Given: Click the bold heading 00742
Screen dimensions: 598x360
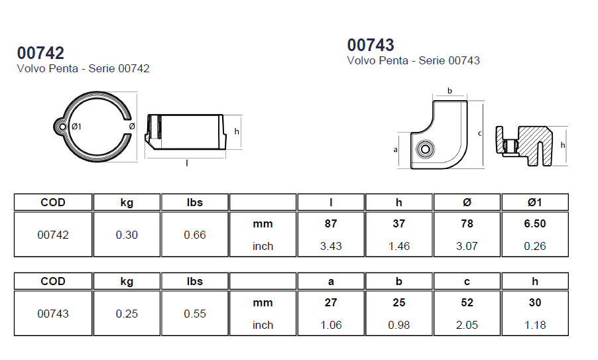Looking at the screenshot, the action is click(40, 53).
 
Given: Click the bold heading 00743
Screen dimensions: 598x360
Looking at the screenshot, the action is click(371, 45).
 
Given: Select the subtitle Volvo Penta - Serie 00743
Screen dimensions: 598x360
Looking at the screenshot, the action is click(414, 60).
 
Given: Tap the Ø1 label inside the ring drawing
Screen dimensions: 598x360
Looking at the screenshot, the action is click(76, 127).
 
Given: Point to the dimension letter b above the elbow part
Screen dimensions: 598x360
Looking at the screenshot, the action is click(449, 91).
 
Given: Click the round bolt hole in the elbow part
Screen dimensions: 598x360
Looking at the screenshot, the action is click(425, 149).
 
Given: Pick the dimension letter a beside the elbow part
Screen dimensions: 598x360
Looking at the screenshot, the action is click(396, 149).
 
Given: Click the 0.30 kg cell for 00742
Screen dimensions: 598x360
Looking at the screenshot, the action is click(127, 235).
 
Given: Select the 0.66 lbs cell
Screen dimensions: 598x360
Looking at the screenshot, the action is click(195, 235).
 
